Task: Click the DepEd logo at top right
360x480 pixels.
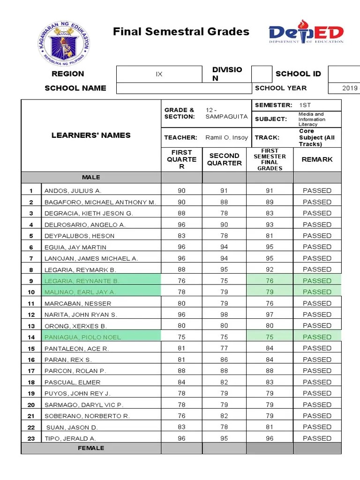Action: (x=306, y=32)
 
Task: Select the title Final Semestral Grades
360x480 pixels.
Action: (x=181, y=32)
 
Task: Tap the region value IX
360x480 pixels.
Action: (x=159, y=74)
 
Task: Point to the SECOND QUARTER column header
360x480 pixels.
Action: (x=225, y=159)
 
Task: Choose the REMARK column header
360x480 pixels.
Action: (x=317, y=159)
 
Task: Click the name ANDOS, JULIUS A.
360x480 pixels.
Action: (x=73, y=191)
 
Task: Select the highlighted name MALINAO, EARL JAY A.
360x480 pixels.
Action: (x=80, y=292)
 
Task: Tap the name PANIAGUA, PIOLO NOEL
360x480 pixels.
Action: (x=82, y=337)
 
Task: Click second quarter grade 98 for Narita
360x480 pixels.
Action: (x=224, y=315)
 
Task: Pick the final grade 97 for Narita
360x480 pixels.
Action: (x=270, y=315)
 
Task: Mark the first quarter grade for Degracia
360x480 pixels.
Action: (x=181, y=213)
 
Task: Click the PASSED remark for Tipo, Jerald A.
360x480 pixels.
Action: (x=317, y=438)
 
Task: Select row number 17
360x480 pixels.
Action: (x=31, y=371)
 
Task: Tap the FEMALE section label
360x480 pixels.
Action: (x=91, y=448)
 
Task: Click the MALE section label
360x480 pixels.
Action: (x=91, y=177)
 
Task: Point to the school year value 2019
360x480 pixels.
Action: (x=350, y=88)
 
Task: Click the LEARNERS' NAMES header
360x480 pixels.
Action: (x=91, y=135)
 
